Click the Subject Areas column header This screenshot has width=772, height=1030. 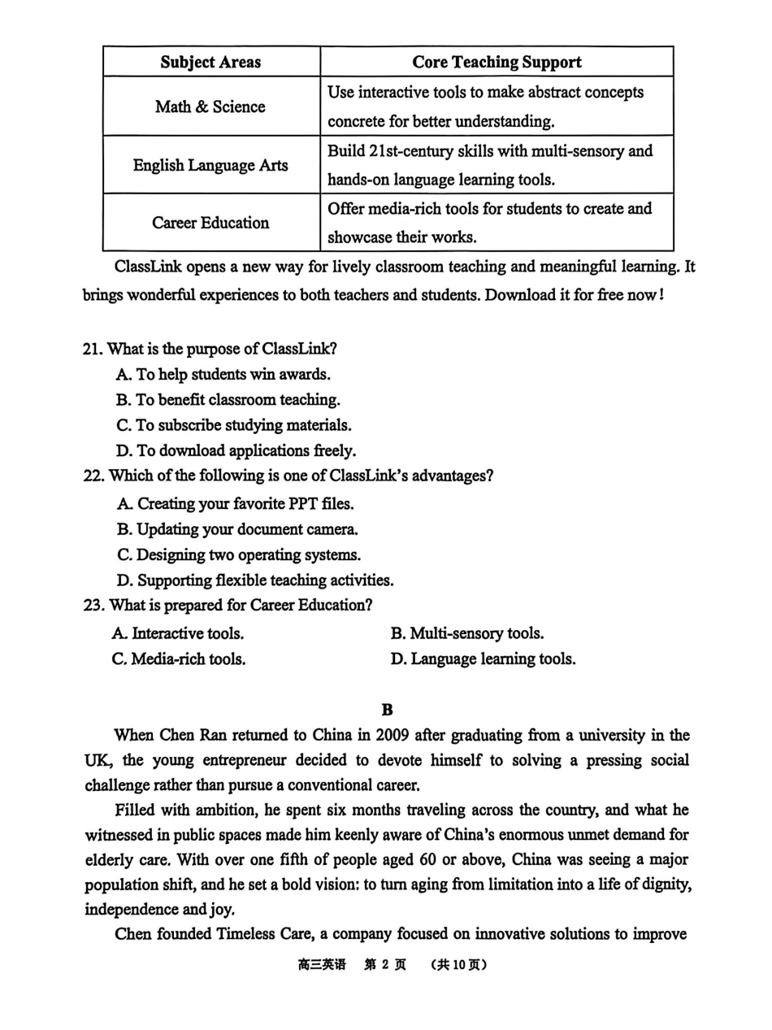[210, 63]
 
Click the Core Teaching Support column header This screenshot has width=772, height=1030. [497, 63]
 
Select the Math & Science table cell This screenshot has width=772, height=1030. [210, 106]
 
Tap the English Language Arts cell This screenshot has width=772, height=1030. [210, 165]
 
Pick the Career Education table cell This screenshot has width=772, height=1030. [210, 223]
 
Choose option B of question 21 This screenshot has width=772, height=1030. [228, 400]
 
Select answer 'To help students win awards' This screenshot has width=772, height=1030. [223, 375]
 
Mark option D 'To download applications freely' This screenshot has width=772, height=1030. [236, 450]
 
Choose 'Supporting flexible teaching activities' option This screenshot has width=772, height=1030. [255, 580]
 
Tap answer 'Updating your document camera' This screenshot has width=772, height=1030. [237, 529]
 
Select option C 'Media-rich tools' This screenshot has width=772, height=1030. [179, 659]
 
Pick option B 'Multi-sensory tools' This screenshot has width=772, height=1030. [467, 633]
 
